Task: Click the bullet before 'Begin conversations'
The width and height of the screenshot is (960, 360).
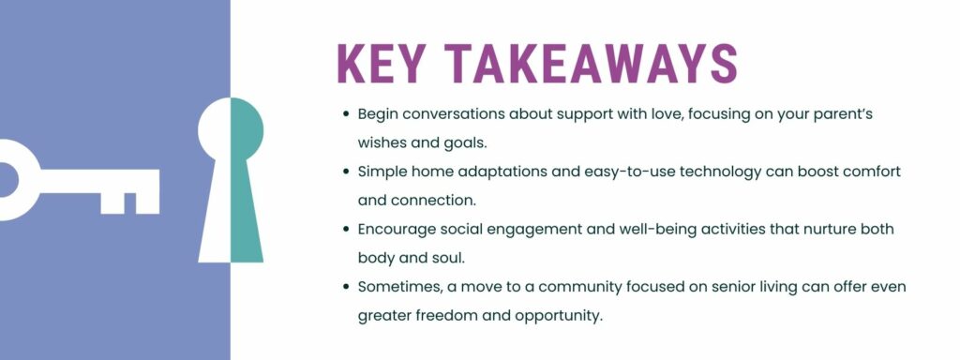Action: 346,113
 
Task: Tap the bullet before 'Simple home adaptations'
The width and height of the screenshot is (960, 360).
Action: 346,172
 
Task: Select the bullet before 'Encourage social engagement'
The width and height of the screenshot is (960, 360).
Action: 346,229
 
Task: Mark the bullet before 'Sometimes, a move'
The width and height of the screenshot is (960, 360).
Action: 346,286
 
